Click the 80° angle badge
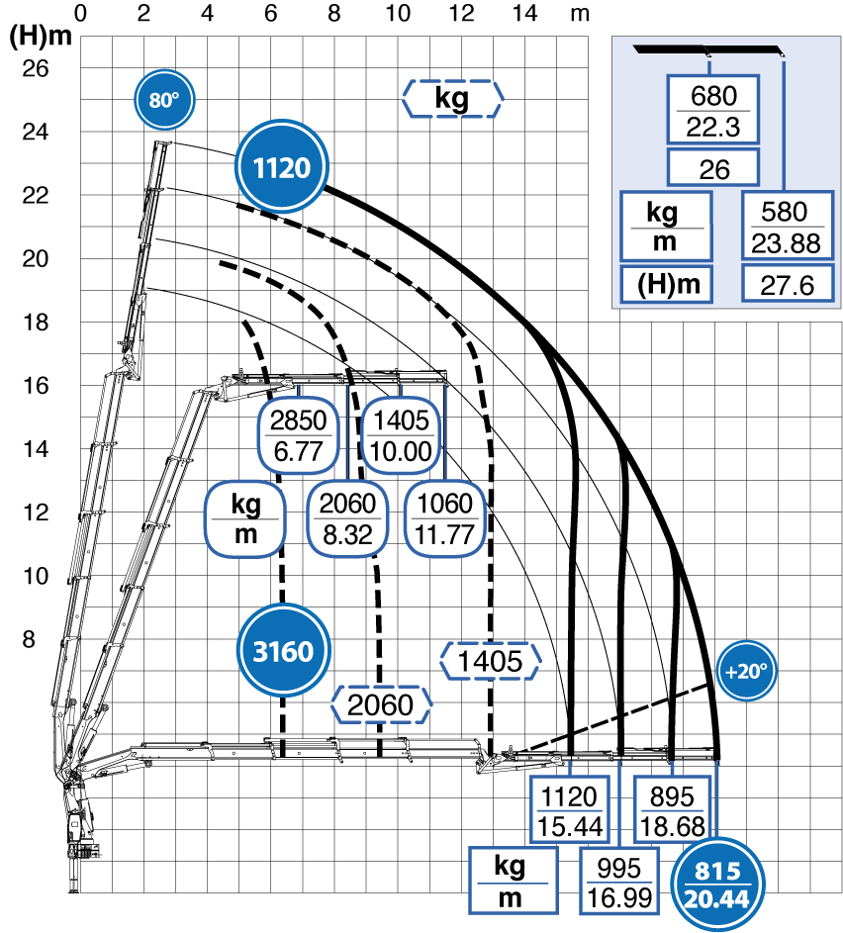coord(164,99)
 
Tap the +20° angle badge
coord(746,671)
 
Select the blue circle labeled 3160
coord(283,650)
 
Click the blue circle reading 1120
coord(282,167)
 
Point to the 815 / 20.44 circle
coord(717,885)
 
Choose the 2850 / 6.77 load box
coord(298,435)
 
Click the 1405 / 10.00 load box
coord(401,435)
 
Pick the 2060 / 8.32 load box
coord(347,518)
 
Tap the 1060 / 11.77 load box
coord(444,518)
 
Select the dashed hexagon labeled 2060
coord(381,705)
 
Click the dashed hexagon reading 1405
coord(490,661)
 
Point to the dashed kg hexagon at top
coord(452,98)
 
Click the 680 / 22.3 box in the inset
coord(713,110)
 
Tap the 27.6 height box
coord(787,284)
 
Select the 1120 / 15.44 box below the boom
coord(569,810)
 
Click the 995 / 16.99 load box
coord(619,882)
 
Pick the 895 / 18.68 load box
coord(672,810)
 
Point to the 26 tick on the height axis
coord(35,68)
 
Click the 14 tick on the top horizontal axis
coord(524,13)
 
